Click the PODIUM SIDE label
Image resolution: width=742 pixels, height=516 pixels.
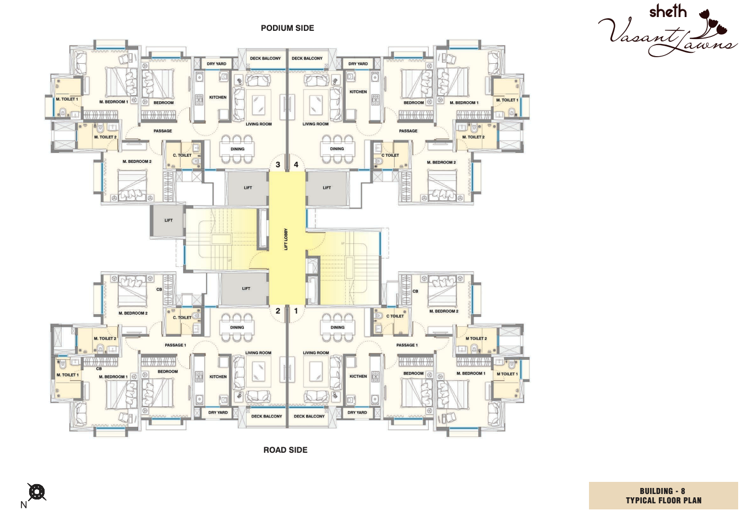(x=287, y=28)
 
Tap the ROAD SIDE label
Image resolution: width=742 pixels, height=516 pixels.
(x=285, y=450)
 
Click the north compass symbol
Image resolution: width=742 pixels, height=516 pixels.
(x=36, y=491)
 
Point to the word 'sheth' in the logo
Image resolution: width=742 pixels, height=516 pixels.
(x=668, y=12)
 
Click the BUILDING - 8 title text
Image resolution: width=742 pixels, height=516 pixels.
(x=662, y=491)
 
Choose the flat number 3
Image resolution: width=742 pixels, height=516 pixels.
(x=278, y=164)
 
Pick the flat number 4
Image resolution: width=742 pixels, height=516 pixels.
(x=296, y=164)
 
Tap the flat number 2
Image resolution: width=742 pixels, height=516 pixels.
(x=278, y=311)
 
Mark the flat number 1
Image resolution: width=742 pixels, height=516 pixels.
(x=296, y=311)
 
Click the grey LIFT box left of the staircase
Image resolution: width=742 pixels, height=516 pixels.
(x=168, y=221)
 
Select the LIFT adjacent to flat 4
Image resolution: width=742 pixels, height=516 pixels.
(x=327, y=188)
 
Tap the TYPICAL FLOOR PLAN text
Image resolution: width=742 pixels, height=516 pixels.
(x=663, y=501)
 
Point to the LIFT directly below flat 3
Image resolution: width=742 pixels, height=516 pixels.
(x=248, y=188)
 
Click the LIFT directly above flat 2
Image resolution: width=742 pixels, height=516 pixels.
(x=246, y=288)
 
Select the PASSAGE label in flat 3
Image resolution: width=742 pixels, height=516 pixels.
(x=162, y=131)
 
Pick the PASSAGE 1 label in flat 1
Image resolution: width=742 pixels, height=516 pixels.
(x=407, y=345)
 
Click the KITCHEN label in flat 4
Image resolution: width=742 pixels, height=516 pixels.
(x=358, y=92)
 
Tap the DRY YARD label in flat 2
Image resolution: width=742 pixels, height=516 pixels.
(x=218, y=413)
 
